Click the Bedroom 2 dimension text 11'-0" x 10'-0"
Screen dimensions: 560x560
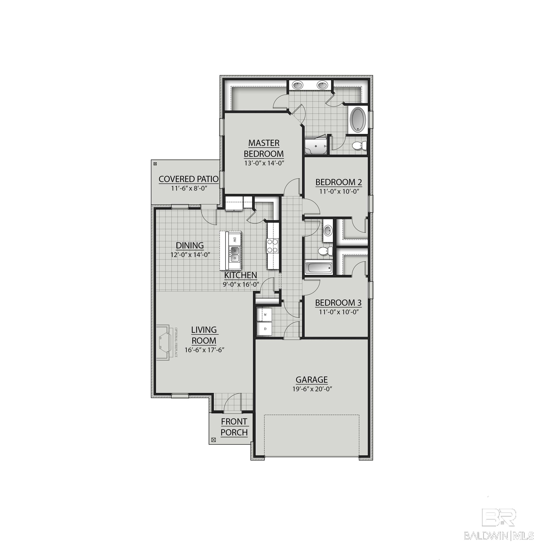coord(339,192)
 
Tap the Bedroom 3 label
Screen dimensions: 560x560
coord(338,303)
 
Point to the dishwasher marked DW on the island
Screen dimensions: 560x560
coord(235,239)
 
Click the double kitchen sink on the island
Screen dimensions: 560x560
coord(235,254)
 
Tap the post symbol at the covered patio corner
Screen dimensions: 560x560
coord(155,164)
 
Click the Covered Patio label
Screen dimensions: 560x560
coord(188,179)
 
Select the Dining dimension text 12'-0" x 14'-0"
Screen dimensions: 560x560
coord(190,255)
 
